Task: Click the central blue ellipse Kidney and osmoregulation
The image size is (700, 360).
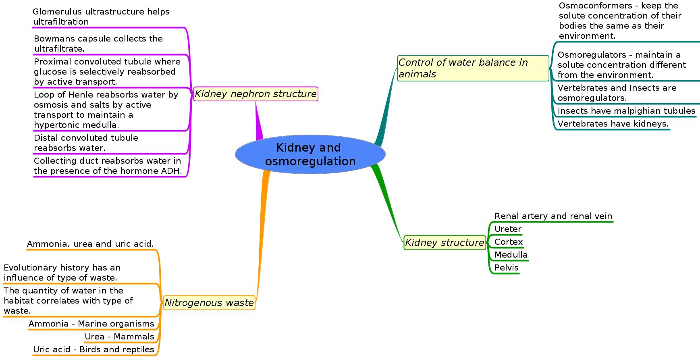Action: point(310,154)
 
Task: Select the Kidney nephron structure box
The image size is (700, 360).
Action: point(255,94)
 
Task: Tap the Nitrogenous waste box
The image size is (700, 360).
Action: point(209,303)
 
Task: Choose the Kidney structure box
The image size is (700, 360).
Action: point(445,243)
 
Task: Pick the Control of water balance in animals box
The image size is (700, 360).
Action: point(473,68)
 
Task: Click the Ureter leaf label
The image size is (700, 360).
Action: point(508,229)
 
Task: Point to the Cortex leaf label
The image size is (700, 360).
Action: point(509,242)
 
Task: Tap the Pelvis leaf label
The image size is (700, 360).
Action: point(507,268)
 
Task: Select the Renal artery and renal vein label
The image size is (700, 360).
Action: point(553,216)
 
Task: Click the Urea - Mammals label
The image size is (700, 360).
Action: point(119,337)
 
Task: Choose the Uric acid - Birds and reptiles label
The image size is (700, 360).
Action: point(93,350)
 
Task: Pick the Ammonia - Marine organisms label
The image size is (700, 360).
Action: point(91,324)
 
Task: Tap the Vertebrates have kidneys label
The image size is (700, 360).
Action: point(613,124)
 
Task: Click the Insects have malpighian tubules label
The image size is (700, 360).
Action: point(626,111)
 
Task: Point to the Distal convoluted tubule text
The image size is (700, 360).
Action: point(86,143)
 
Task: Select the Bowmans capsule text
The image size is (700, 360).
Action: point(98,44)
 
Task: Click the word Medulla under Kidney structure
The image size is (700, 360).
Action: point(511,255)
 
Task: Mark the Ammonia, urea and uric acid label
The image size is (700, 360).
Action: point(90,244)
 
